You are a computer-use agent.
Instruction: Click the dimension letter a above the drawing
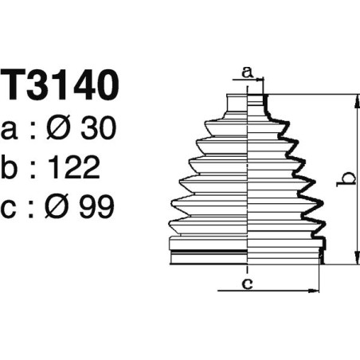click(248, 72)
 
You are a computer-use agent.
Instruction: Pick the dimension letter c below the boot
click(248, 281)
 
